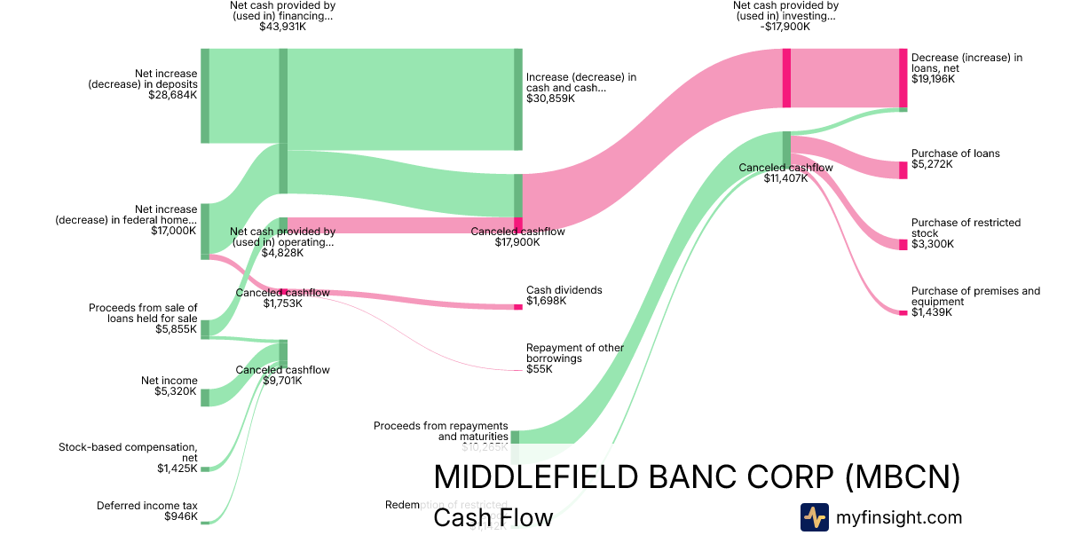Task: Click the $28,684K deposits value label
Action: click(173, 95)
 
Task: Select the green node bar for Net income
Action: click(205, 397)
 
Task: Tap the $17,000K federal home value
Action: click(175, 230)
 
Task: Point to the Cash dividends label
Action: click(564, 290)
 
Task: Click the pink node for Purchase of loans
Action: click(903, 170)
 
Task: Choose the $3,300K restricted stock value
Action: click(933, 244)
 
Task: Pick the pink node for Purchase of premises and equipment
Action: click(903, 312)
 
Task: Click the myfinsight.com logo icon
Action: click(814, 517)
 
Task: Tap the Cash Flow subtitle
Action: click(493, 517)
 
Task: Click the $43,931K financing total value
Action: click(282, 27)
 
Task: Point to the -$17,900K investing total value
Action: click(785, 27)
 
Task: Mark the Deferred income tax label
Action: click(147, 506)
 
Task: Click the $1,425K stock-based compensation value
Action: click(177, 468)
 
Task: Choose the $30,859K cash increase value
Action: click(550, 98)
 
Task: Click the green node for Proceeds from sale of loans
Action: click(205, 329)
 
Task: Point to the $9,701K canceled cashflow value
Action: click(282, 381)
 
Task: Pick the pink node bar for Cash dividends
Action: click(518, 307)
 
